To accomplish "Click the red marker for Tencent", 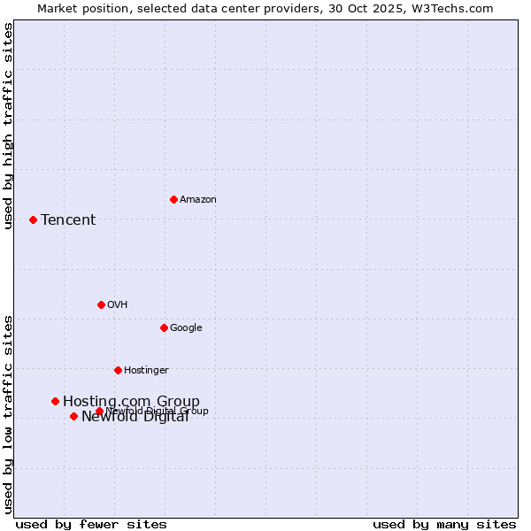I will tap(33, 219).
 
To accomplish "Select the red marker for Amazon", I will tap(173, 199).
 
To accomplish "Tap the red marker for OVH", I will tap(101, 304).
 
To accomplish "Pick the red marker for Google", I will tap(164, 327).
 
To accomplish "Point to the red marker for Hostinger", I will tap(118, 370).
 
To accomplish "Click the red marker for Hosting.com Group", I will tap(55, 401).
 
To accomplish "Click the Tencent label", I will tap(68, 220).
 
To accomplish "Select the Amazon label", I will tap(198, 200).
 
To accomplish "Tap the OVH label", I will tap(118, 305).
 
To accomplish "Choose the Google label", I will tap(186, 328).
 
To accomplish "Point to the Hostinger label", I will tap(146, 371).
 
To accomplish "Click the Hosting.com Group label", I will tap(131, 402).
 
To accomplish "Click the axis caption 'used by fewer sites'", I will tap(91, 524).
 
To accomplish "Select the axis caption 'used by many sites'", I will tap(444, 524).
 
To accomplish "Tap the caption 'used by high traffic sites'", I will tap(9, 126).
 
